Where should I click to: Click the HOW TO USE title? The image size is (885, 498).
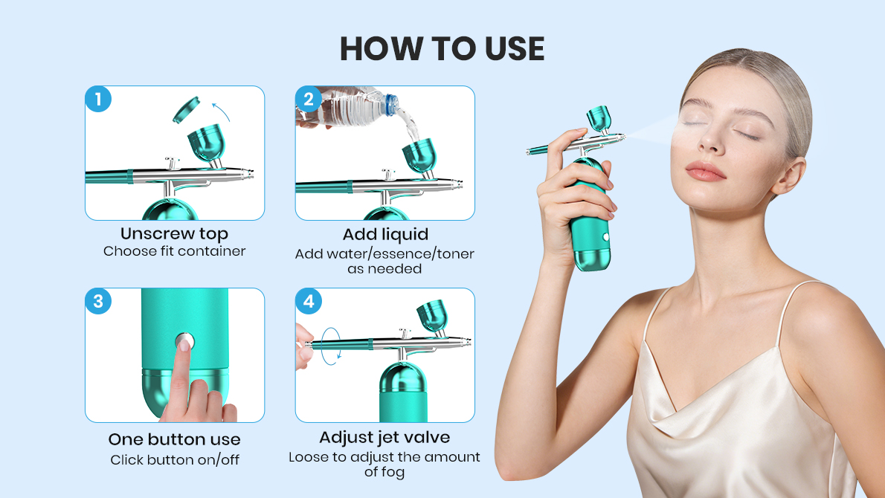(x=442, y=48)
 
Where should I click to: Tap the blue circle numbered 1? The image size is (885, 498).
(x=98, y=99)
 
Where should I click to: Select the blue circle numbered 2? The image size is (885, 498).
(x=309, y=99)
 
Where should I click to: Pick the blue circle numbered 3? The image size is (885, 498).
(x=98, y=301)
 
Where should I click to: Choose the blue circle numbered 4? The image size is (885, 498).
(x=309, y=301)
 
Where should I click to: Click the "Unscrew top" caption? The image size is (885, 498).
(x=174, y=234)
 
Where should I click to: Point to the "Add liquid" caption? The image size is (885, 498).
(x=384, y=235)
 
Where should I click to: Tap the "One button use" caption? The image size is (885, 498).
(x=174, y=439)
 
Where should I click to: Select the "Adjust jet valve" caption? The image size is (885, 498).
(x=384, y=437)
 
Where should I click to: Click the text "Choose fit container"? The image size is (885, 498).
(x=174, y=251)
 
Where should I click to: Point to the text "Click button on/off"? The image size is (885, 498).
(x=174, y=460)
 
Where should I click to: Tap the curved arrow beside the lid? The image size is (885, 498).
(x=221, y=111)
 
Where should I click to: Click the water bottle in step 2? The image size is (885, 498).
(x=342, y=108)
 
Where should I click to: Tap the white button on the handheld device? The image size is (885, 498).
(x=605, y=239)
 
